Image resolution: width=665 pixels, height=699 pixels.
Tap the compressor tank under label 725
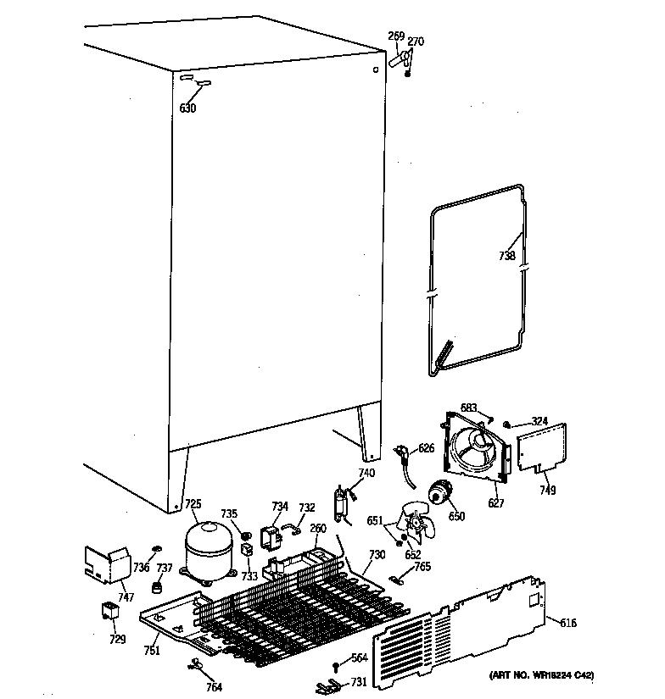pos(208,551)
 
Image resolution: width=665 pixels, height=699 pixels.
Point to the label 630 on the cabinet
pos(187,108)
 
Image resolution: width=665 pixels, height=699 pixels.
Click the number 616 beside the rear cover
pos(568,623)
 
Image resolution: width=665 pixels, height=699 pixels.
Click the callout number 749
pos(547,490)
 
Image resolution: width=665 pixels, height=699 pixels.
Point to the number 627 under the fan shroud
pos(496,503)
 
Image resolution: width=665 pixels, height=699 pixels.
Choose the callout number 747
pos(126,596)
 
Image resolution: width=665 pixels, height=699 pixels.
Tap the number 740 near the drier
pos(366,473)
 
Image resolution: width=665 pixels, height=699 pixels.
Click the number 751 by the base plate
pos(152,650)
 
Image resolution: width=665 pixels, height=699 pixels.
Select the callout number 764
pos(215,686)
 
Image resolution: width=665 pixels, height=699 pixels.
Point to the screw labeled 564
pos(337,663)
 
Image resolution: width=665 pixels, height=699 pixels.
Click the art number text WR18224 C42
pos(542,675)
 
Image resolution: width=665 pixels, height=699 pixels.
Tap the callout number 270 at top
pos(416,41)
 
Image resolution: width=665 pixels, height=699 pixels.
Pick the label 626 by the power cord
pos(425,447)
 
